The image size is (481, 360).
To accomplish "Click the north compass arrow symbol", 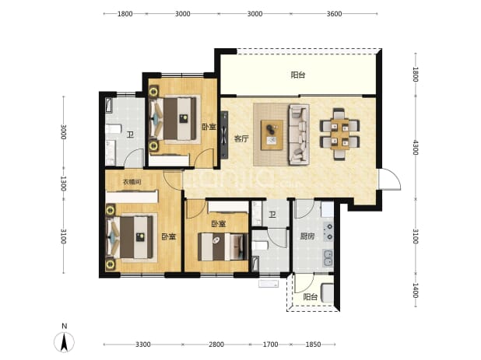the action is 64,342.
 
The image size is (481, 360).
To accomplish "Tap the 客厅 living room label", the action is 241,139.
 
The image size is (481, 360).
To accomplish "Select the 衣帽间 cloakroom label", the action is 132,182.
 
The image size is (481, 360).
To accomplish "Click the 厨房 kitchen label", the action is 307,236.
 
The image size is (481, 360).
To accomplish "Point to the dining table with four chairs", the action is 339,134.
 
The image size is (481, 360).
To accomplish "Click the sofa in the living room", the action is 298,135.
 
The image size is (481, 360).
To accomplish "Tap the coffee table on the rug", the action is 272,135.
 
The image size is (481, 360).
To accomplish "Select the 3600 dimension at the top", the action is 334,14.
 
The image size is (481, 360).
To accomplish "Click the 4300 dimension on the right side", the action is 416,148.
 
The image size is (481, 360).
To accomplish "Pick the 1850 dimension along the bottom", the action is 313,344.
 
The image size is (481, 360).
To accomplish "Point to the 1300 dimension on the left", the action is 63,183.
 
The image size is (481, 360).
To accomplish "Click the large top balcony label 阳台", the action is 298,75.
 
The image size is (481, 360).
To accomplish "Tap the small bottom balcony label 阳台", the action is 310,297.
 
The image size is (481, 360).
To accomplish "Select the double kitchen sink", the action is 328,257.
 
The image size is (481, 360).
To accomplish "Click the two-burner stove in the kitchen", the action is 328,232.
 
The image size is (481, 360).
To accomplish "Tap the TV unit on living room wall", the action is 225,135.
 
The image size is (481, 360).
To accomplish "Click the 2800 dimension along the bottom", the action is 216,344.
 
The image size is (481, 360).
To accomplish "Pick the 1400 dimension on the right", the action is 416,291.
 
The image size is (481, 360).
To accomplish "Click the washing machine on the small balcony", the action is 328,293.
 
